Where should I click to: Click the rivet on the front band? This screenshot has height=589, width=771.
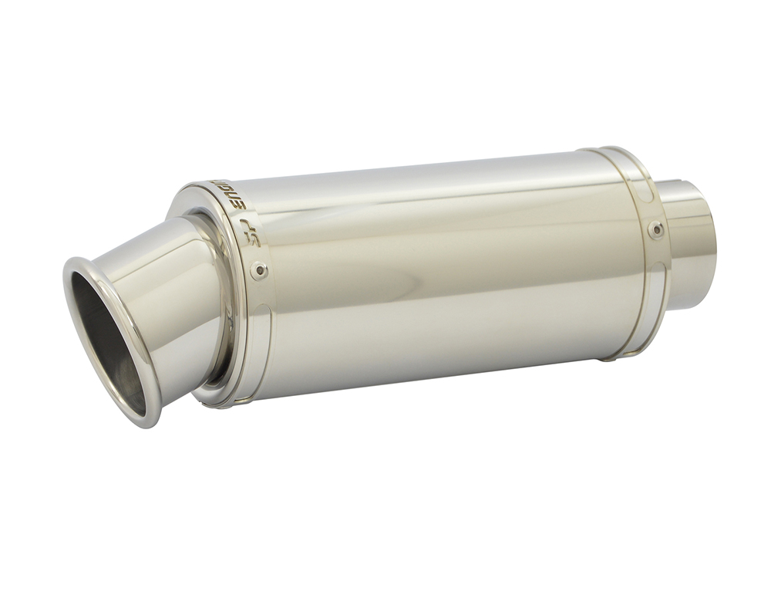[260, 270]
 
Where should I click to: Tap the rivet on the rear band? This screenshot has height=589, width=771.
[655, 228]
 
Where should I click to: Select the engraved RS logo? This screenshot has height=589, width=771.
[251, 237]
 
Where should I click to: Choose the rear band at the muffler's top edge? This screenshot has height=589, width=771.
[609, 149]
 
